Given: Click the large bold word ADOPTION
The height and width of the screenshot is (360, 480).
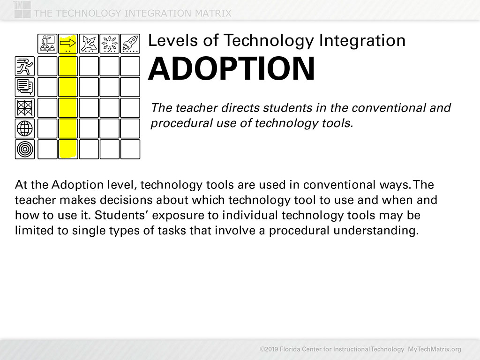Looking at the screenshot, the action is (x=232, y=68).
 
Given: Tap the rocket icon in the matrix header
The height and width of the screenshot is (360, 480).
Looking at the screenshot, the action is (x=130, y=44).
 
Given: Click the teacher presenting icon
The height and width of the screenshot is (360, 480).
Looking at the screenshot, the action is (x=47, y=44).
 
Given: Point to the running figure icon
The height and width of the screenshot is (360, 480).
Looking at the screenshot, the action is (x=25, y=66).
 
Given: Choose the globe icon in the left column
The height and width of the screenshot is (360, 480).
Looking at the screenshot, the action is (x=25, y=128).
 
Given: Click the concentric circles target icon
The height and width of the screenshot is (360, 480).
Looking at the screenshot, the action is (x=25, y=150).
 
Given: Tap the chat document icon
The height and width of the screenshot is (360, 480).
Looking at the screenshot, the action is (x=25, y=87).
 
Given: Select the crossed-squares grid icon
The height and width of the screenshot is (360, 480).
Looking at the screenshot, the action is (x=25, y=108).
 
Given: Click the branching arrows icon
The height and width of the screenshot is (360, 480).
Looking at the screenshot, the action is (x=89, y=44).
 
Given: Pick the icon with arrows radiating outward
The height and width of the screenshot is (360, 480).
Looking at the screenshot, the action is (x=110, y=44).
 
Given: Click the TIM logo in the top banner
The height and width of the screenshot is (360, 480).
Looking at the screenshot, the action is (x=22, y=9).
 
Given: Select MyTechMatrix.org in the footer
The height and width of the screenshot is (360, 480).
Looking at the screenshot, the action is (x=435, y=349).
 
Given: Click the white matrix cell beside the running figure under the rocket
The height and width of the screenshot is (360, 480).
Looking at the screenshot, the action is (x=130, y=66).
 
